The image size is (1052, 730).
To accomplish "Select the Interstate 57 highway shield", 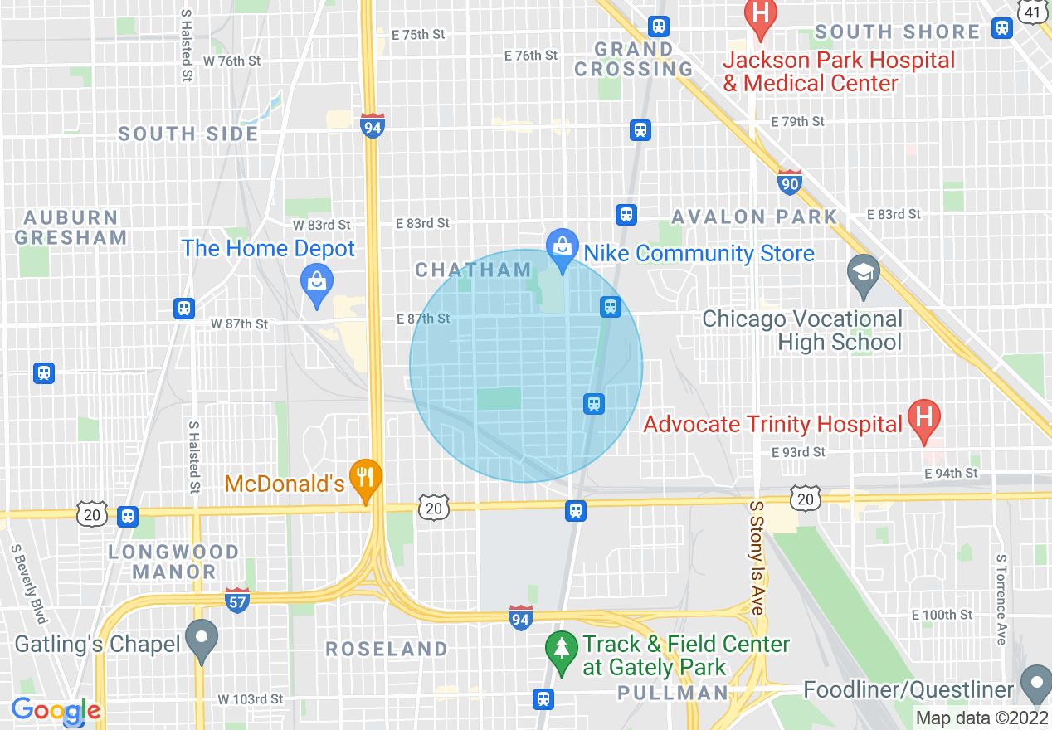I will (x=237, y=600).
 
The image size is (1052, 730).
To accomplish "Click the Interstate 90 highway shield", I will (x=790, y=182).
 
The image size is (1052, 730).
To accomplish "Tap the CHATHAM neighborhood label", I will (x=473, y=270).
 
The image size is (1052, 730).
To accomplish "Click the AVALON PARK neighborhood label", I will (x=754, y=217).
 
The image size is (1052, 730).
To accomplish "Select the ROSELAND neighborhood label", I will (x=387, y=649).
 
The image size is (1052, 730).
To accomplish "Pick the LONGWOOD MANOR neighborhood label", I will (x=174, y=562).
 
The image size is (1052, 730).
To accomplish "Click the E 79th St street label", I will (x=797, y=122).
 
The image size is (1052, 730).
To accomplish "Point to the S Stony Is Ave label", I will (x=756, y=557).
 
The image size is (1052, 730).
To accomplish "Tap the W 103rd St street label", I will (x=251, y=700).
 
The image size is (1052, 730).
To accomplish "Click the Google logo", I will (x=56, y=711).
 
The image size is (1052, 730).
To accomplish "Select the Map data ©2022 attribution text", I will (x=982, y=718).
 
